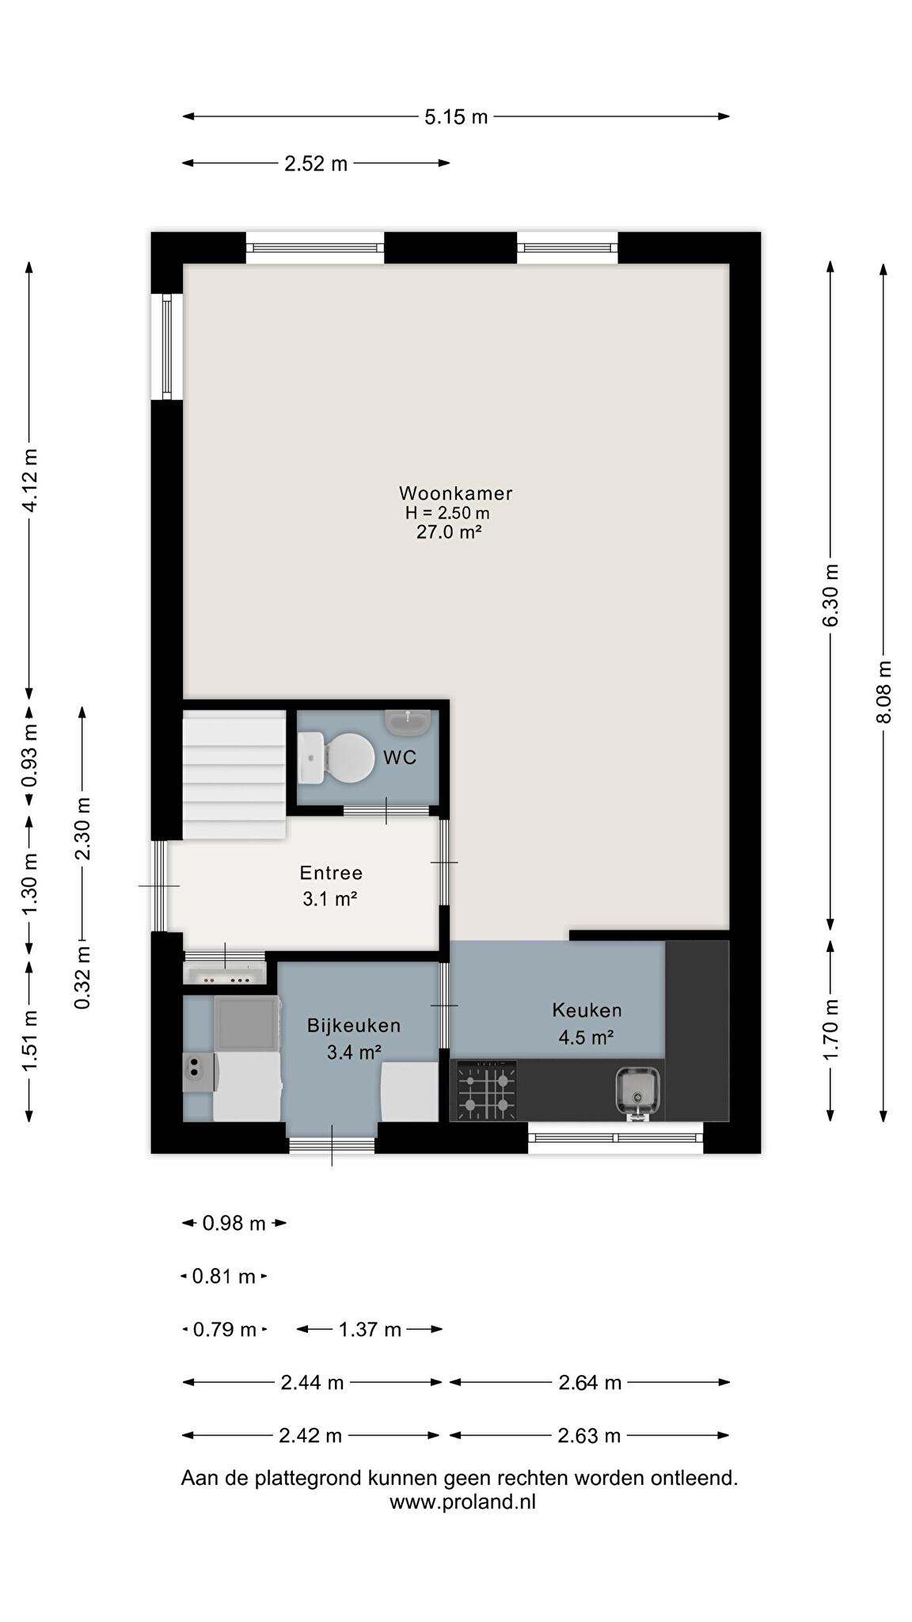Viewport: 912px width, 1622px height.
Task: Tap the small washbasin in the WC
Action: (408, 721)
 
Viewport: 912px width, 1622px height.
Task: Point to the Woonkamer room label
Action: (456, 493)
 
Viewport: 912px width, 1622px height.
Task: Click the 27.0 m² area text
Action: (450, 532)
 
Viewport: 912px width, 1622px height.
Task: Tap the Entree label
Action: (331, 873)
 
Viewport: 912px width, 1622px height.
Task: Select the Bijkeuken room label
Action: (354, 1026)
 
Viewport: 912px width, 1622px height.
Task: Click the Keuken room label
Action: (587, 1010)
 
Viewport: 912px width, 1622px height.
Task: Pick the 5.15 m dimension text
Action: (456, 117)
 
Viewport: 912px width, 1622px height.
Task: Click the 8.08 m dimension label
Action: (884, 691)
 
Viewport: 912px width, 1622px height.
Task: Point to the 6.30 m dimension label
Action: (830, 596)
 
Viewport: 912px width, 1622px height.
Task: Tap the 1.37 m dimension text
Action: (370, 1329)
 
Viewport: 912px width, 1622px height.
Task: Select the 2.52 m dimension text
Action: (316, 164)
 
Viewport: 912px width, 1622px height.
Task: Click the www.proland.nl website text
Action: (462, 1502)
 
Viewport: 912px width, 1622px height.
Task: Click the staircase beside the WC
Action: (234, 774)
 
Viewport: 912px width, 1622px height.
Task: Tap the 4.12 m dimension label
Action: (30, 480)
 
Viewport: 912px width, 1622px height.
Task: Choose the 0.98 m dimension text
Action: (234, 1224)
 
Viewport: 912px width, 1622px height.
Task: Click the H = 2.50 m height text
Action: (447, 513)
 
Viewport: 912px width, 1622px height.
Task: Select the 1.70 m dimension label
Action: (830, 1030)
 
